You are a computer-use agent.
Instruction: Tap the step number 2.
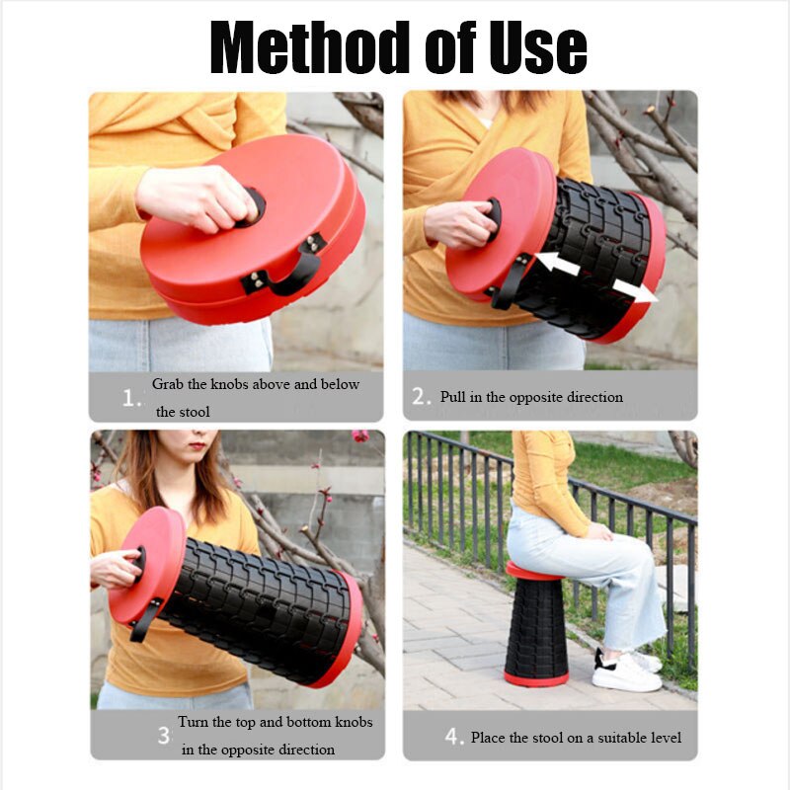click(422, 397)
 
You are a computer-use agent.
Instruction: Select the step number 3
click(164, 736)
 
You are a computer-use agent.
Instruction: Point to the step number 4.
click(453, 737)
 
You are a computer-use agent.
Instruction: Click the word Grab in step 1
click(169, 384)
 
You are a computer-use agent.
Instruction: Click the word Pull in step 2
click(453, 397)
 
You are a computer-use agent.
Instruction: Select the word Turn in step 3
click(193, 722)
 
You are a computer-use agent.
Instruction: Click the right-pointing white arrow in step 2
click(634, 288)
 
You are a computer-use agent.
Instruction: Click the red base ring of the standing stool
click(536, 678)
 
